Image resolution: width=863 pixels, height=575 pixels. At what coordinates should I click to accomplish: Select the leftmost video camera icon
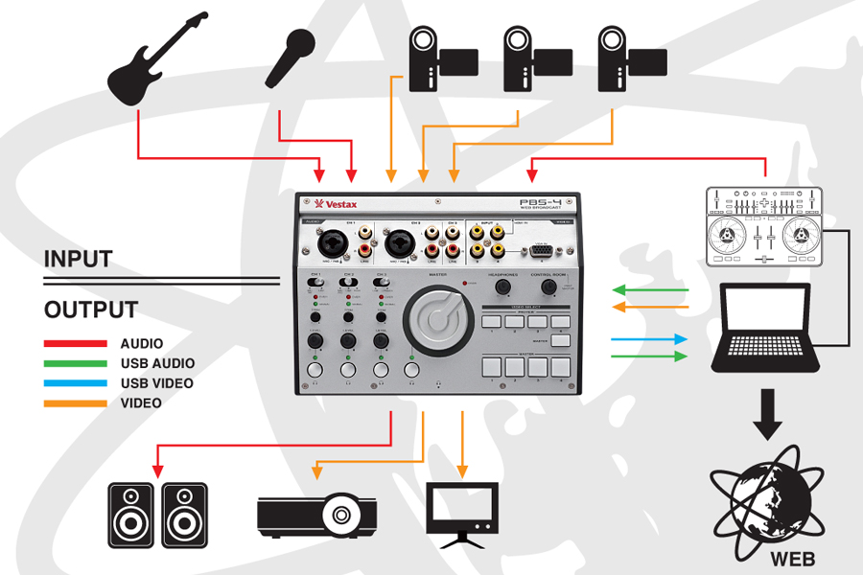(431, 57)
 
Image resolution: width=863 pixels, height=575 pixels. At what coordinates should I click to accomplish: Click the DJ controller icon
(764, 226)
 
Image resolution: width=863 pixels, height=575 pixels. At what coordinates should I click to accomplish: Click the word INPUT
(78, 259)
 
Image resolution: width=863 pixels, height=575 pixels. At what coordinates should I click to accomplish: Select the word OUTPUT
(90, 310)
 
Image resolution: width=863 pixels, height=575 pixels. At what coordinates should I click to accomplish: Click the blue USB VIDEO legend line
(75, 383)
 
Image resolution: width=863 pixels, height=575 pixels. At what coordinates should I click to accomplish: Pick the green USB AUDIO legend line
(75, 363)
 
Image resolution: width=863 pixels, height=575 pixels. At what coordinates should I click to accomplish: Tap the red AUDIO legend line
(75, 343)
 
